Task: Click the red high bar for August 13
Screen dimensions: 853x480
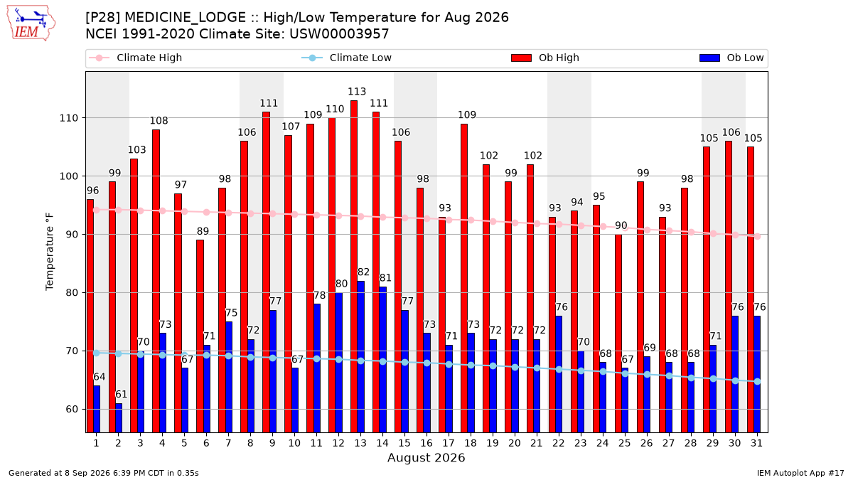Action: coord(354,266)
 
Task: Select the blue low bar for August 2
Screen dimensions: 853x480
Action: coord(119,418)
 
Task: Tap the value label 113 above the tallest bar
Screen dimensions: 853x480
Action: coord(357,92)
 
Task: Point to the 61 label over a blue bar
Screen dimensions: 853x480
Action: coord(121,394)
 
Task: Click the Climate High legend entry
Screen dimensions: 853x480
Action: coord(135,58)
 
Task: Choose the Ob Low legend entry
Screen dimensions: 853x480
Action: coord(731,58)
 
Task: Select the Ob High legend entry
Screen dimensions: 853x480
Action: coord(545,58)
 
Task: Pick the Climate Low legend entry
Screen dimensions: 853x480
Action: coord(346,58)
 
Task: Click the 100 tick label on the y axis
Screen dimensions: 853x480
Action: coord(68,176)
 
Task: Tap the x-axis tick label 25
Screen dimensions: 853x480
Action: coord(624,443)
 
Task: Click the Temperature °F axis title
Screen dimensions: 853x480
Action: coord(50,252)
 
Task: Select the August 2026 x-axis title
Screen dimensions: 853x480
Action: coord(426,457)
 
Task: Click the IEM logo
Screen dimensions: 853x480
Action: coord(31,23)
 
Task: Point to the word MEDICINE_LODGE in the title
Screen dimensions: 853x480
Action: coord(186,18)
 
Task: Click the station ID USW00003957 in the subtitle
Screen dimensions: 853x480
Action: coord(339,34)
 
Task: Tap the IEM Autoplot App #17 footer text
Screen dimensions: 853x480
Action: coord(800,473)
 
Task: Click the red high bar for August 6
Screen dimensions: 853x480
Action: coord(200,336)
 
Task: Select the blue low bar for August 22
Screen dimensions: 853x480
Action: coord(559,374)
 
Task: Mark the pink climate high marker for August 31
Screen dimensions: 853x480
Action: coord(758,236)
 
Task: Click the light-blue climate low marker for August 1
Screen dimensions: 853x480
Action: coord(97,353)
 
